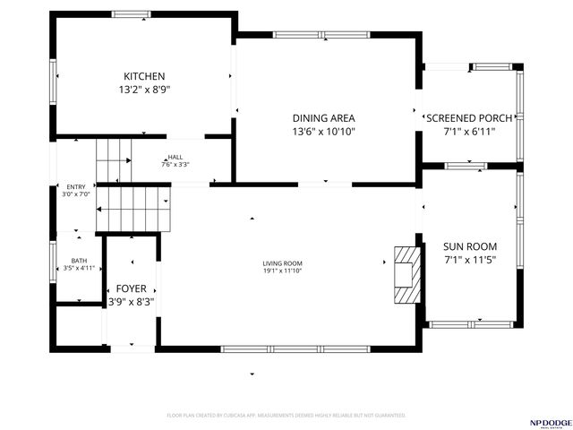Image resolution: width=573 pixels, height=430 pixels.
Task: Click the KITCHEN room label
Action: point(144,76)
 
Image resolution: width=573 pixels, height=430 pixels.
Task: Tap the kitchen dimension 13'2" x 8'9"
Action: point(144,90)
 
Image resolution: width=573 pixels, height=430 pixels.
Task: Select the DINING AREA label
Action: point(324,118)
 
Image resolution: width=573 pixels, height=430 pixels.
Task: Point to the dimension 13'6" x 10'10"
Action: point(324,132)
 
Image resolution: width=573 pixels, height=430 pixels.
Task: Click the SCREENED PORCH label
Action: point(469,118)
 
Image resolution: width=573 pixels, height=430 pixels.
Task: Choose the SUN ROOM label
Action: point(470,246)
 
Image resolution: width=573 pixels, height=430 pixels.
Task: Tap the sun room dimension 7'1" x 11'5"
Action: point(470,260)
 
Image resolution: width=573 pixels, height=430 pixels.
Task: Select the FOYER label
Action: point(132,288)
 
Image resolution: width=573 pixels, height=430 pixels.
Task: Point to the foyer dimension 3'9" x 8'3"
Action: point(132,302)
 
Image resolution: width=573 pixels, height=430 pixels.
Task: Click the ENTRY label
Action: point(76,186)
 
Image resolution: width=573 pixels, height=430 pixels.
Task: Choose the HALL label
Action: point(175,157)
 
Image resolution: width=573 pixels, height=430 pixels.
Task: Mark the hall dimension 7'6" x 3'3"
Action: point(175,164)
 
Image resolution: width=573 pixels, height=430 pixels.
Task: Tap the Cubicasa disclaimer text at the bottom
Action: point(286,416)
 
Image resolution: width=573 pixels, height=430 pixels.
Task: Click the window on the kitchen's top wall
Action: point(132,13)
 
